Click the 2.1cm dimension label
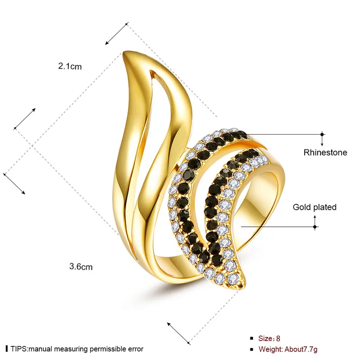(70, 67)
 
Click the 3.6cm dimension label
(81, 266)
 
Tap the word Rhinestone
(325, 153)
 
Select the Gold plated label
(315, 207)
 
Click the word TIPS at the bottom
(18, 349)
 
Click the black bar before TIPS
(6, 349)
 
